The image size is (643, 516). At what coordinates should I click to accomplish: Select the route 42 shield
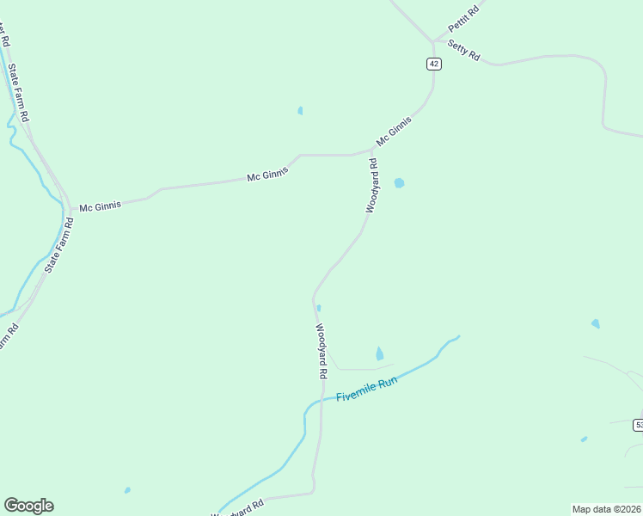[x=433, y=64]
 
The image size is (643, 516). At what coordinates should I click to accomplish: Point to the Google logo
[x=28, y=506]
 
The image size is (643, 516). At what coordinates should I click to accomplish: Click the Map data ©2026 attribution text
[x=606, y=509]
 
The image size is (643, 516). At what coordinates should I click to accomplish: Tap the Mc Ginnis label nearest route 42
[x=394, y=132]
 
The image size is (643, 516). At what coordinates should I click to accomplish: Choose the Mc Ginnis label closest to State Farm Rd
[x=100, y=206]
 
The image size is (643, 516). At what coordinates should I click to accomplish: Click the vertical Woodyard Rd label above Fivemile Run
[x=320, y=351]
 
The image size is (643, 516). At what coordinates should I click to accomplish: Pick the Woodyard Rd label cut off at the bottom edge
[x=234, y=509]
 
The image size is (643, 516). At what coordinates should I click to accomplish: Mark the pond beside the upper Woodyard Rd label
[x=399, y=183]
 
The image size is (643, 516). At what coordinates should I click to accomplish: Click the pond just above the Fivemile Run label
[x=380, y=353]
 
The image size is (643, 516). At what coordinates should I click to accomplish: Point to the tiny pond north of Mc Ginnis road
[x=300, y=110]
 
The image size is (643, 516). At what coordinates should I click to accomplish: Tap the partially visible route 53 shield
[x=639, y=425]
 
